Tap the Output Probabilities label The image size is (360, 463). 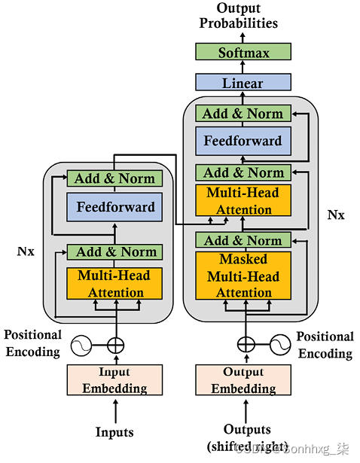238,15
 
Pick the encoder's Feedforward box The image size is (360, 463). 115,207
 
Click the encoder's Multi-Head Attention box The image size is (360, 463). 115,285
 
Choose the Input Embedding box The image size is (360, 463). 115,379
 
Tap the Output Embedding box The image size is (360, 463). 243,379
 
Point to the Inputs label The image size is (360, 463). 114,432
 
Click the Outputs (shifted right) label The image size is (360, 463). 243,439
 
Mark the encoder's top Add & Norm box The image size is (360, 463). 115,178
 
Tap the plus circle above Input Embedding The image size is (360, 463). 115,346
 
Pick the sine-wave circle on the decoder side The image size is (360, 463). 279,346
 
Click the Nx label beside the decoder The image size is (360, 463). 336,215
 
